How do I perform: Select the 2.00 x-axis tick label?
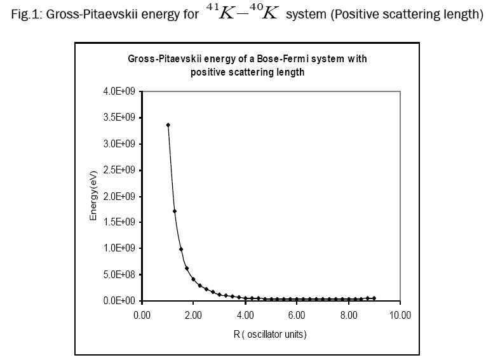click(x=194, y=314)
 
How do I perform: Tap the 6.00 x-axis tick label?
click(x=297, y=314)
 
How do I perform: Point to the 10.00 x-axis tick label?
click(x=400, y=314)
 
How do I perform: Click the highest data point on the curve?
click(x=168, y=125)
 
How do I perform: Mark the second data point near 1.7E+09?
click(x=175, y=211)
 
